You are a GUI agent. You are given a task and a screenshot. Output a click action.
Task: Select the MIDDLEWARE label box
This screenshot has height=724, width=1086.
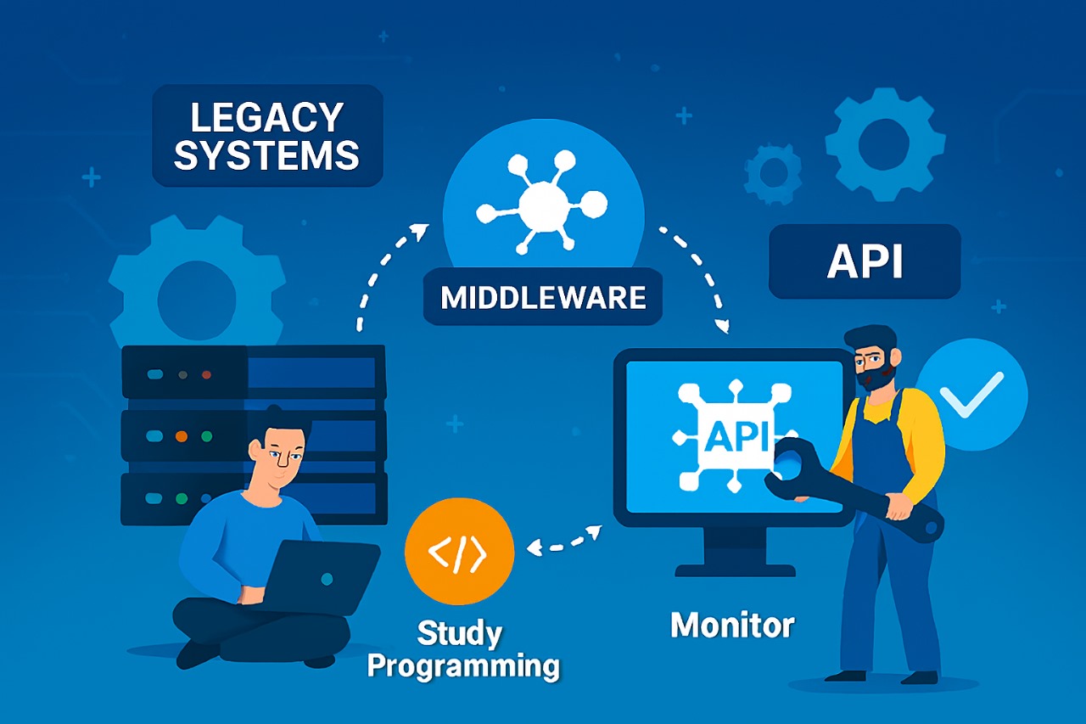point(543,298)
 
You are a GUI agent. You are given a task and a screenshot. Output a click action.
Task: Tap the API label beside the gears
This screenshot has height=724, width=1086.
point(865,262)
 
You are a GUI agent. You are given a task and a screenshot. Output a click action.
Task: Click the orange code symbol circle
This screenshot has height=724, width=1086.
point(459,552)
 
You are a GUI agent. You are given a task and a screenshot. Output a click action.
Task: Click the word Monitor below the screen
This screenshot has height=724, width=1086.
point(732,626)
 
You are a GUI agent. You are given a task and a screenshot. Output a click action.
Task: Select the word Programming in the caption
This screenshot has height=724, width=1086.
point(463,666)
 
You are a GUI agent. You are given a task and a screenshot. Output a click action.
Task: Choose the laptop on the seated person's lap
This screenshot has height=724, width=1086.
point(322,577)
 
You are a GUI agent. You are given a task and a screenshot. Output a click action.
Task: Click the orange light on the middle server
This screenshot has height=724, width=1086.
point(181,436)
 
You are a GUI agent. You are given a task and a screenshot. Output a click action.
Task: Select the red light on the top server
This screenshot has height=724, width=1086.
point(205,374)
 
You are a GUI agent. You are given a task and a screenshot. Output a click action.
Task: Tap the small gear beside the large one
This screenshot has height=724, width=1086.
point(773,172)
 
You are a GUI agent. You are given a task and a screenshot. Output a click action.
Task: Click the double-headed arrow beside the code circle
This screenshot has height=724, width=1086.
point(564,541)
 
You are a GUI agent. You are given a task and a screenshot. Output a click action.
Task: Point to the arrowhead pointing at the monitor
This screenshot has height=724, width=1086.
point(723,325)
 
